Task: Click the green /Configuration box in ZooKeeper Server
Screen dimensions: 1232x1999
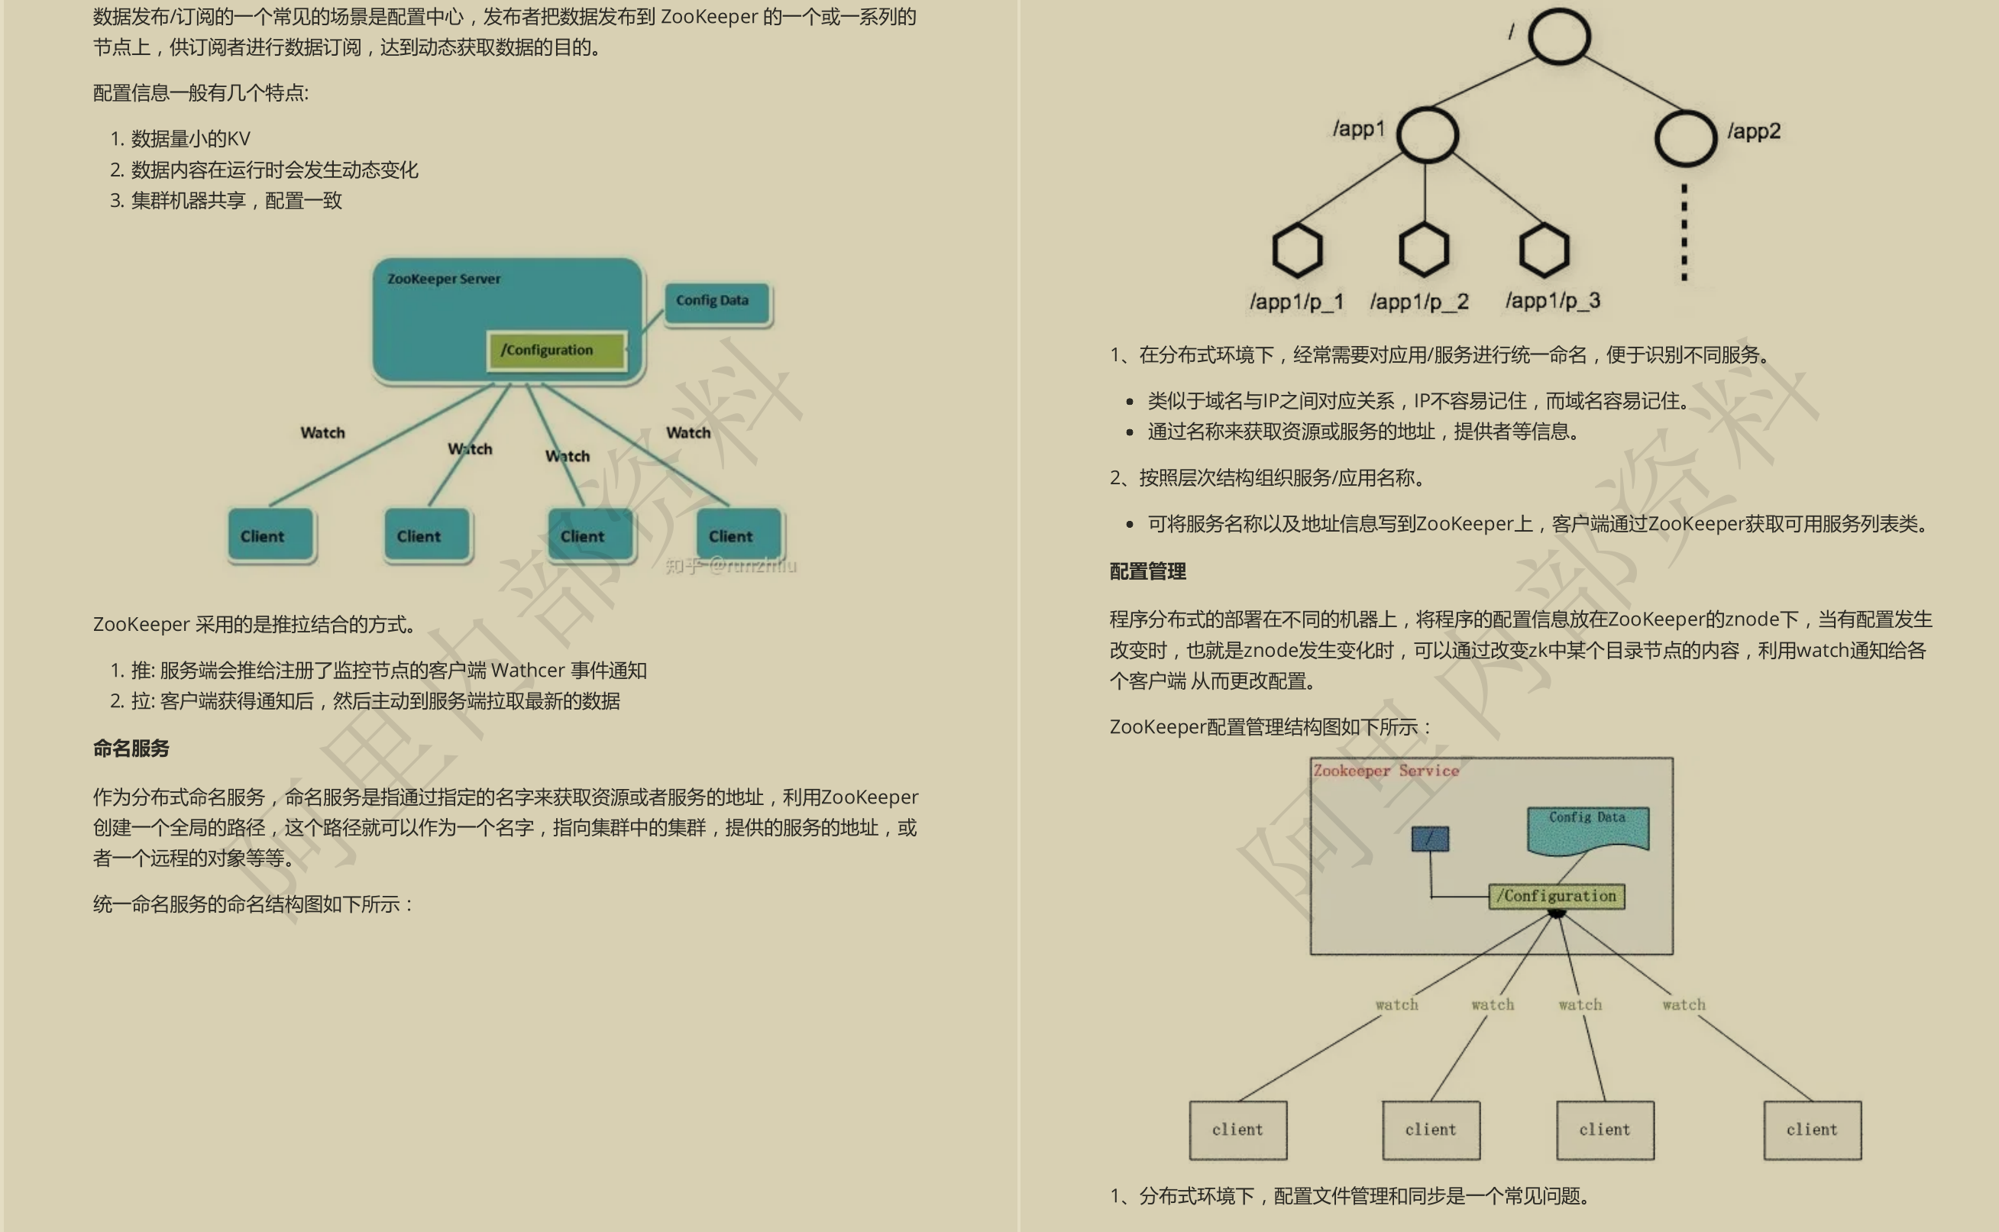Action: coord(557,351)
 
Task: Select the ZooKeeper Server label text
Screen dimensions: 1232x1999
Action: coord(443,279)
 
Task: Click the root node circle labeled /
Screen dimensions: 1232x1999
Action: coord(1558,37)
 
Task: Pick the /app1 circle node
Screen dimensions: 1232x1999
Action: coord(1427,134)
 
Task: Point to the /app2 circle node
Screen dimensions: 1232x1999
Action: coord(1685,137)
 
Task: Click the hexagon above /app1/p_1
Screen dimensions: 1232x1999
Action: coord(1296,251)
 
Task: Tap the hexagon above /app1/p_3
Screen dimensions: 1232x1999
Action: coord(1544,251)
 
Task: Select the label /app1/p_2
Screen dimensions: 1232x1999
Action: coord(1418,302)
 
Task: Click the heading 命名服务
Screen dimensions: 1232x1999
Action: coord(131,748)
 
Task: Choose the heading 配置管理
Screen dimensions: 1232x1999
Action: coord(1147,571)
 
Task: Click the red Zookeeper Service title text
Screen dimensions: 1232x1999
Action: coord(1386,771)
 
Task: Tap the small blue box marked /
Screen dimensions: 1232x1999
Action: coord(1430,839)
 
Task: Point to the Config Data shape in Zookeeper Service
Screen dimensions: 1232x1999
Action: coord(1587,828)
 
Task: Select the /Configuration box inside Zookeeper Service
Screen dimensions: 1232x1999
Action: coord(1556,896)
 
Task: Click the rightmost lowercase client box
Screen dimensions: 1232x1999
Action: coord(1812,1130)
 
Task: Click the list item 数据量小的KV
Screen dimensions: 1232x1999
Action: coord(190,138)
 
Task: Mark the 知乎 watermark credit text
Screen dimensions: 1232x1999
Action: coord(730,565)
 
